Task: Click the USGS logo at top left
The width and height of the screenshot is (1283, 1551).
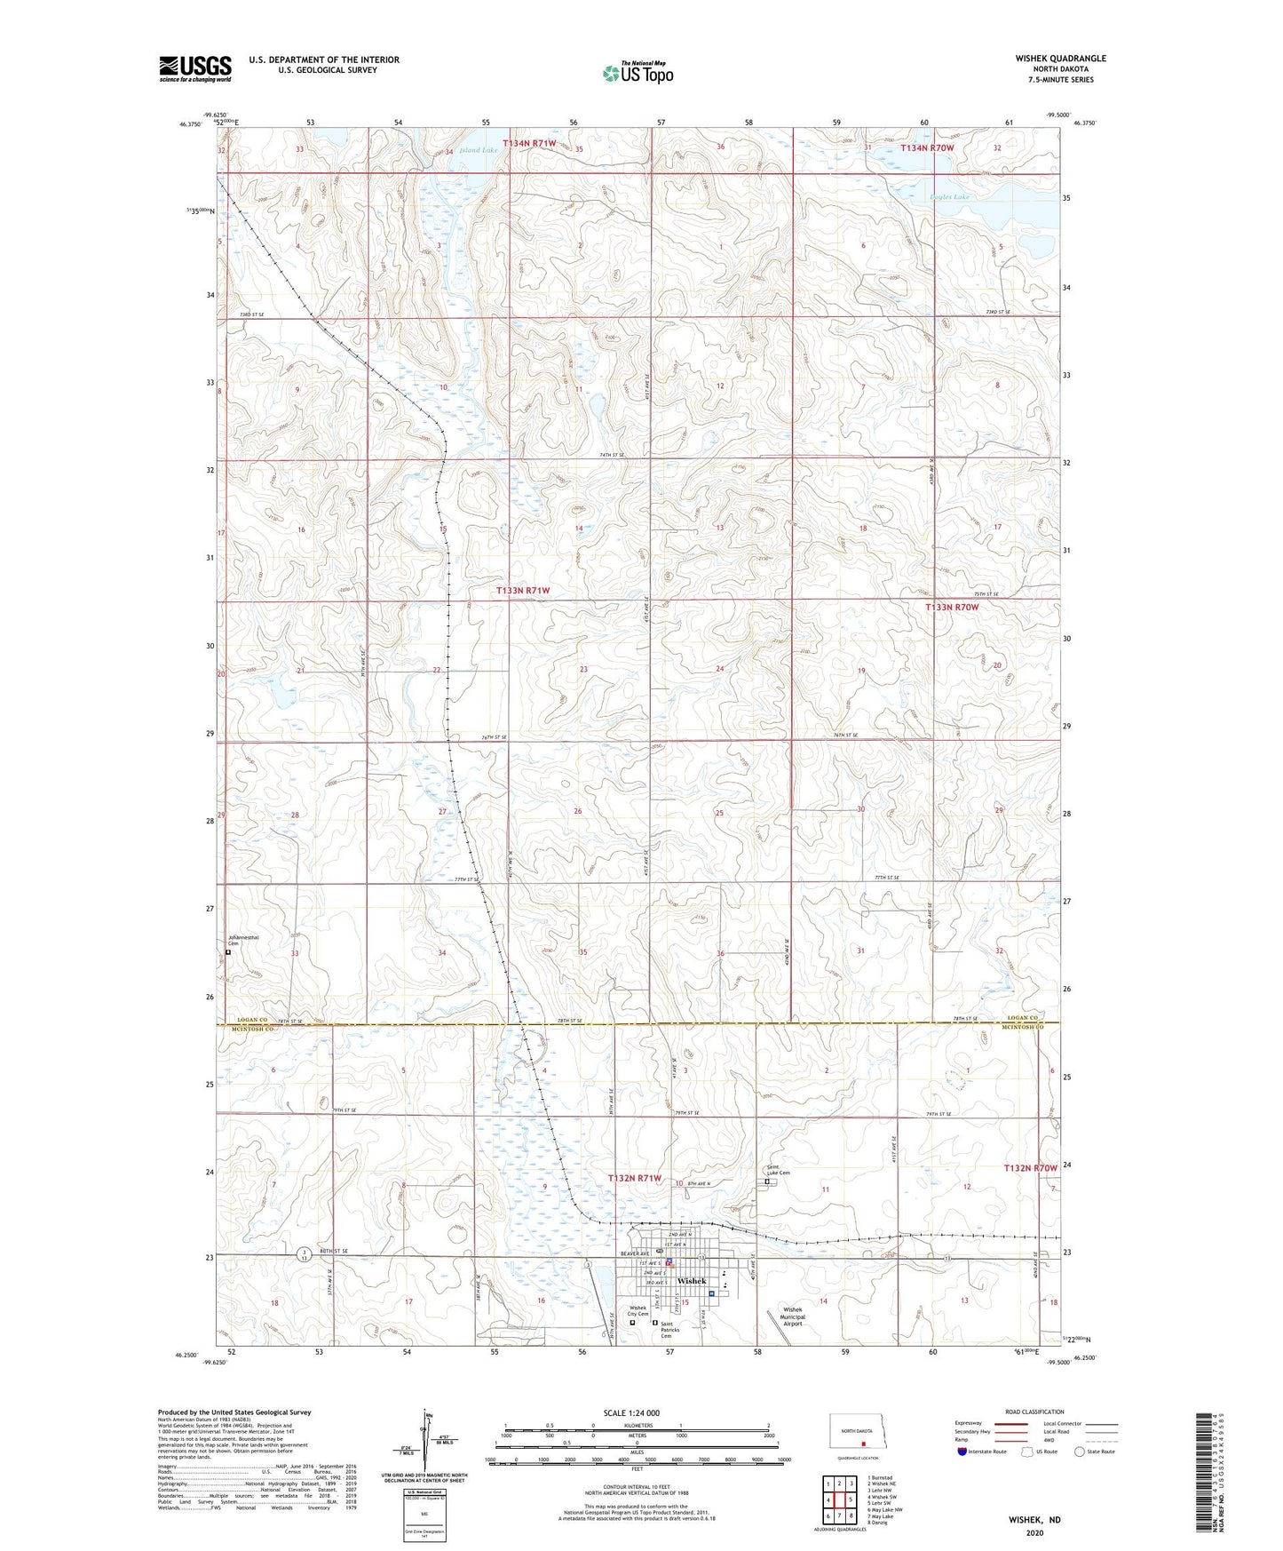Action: [x=194, y=68]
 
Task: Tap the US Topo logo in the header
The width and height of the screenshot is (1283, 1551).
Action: [x=638, y=73]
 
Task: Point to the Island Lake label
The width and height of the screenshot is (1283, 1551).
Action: [x=479, y=151]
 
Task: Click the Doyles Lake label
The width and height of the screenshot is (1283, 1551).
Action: [x=950, y=197]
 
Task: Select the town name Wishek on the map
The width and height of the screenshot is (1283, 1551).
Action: [x=691, y=1281]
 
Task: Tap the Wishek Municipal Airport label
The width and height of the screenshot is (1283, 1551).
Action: [x=792, y=1316]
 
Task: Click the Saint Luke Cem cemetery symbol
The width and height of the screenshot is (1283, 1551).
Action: [x=767, y=1182]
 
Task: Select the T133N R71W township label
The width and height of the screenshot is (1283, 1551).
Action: [x=523, y=591]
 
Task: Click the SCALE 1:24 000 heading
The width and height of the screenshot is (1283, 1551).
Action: [x=631, y=1413]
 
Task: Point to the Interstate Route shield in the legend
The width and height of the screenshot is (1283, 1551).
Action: [x=963, y=1452]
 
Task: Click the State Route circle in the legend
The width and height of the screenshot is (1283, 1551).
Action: [x=1079, y=1452]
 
